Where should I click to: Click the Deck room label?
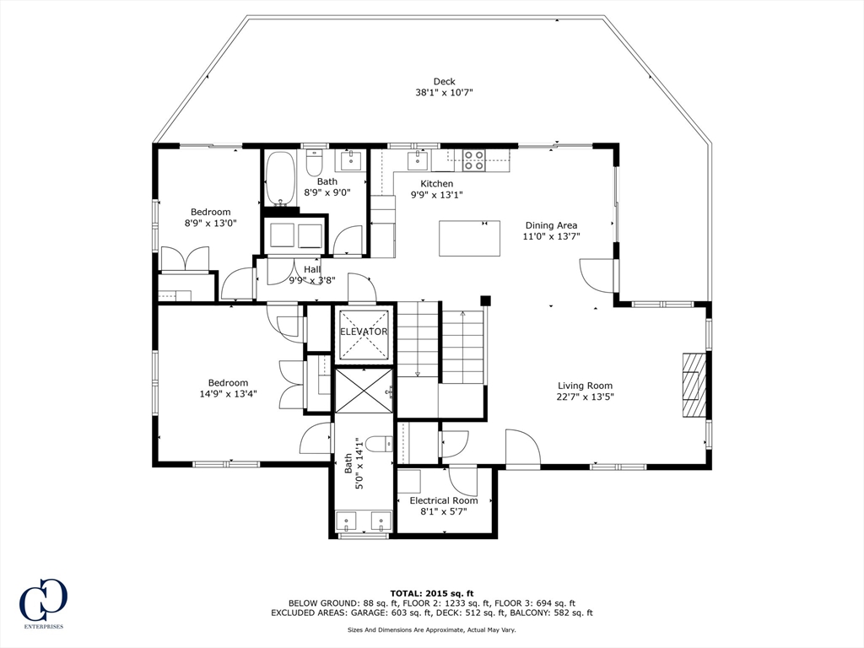[444, 82]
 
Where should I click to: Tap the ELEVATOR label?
[364, 332]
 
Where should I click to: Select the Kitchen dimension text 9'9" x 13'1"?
[437, 195]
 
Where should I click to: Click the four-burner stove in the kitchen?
[474, 160]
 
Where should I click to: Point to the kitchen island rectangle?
[469, 238]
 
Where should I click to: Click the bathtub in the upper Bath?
[281, 179]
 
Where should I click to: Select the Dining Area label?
[551, 224]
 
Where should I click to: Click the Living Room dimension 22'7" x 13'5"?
[586, 397]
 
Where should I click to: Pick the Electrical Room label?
[444, 500]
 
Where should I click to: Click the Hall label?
[312, 269]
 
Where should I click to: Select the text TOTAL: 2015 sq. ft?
[432, 593]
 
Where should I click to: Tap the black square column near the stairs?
[485, 300]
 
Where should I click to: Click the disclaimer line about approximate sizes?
[431, 629]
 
